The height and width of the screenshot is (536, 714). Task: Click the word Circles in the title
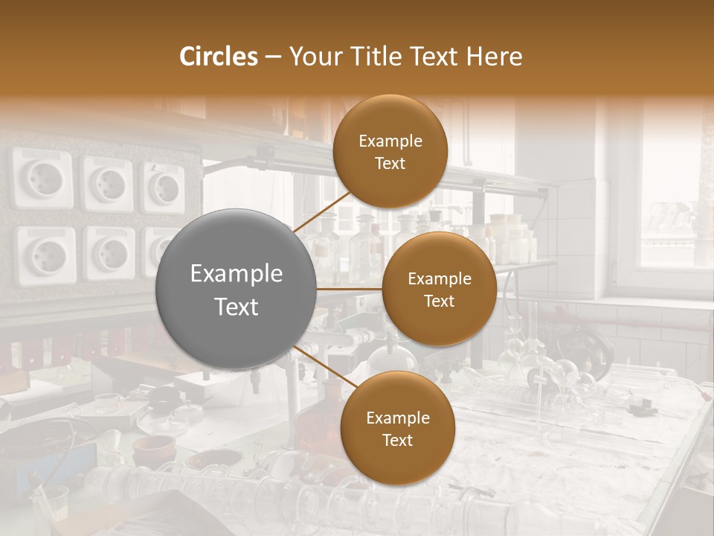click(218, 57)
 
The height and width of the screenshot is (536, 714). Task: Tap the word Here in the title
click(494, 57)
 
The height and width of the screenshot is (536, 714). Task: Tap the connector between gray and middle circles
click(349, 289)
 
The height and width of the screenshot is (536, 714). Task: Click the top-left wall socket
click(43, 179)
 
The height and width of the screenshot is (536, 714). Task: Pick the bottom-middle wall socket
click(109, 252)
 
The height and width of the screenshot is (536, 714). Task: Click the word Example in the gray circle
click(236, 274)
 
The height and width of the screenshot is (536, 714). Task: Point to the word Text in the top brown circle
click(390, 163)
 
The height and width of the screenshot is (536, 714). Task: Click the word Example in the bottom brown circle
click(397, 418)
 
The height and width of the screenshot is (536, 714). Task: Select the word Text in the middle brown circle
click(439, 301)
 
